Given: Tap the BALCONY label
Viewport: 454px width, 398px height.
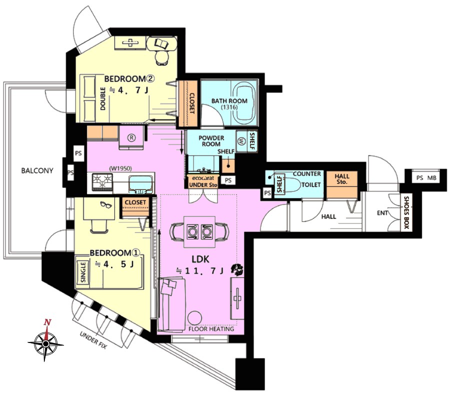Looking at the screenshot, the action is pos(37,170).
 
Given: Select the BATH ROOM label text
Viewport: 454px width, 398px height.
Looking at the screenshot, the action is pos(229,101).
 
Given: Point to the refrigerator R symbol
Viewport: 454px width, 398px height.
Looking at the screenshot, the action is pos(131,138).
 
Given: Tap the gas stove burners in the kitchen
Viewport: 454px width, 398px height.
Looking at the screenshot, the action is pos(102,181).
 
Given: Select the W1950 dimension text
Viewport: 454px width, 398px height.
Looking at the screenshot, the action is pos(120,168).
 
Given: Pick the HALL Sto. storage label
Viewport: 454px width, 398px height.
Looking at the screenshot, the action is pos(342,179).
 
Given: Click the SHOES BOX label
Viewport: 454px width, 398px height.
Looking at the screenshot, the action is pos(406,212).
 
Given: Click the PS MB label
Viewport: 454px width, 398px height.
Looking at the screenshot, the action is pos(426,178).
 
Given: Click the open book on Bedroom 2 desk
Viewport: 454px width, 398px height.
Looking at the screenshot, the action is pos(161,43).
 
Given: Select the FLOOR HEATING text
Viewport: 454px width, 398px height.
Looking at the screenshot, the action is pos(211,329).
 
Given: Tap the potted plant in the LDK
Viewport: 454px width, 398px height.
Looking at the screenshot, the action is pos(237,269).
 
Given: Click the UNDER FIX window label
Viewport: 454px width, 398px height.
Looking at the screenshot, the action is pos(93,340).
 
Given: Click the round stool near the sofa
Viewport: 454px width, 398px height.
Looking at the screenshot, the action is pos(194,318).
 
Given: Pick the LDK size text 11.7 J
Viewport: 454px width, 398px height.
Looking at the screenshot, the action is pos(200,271).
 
